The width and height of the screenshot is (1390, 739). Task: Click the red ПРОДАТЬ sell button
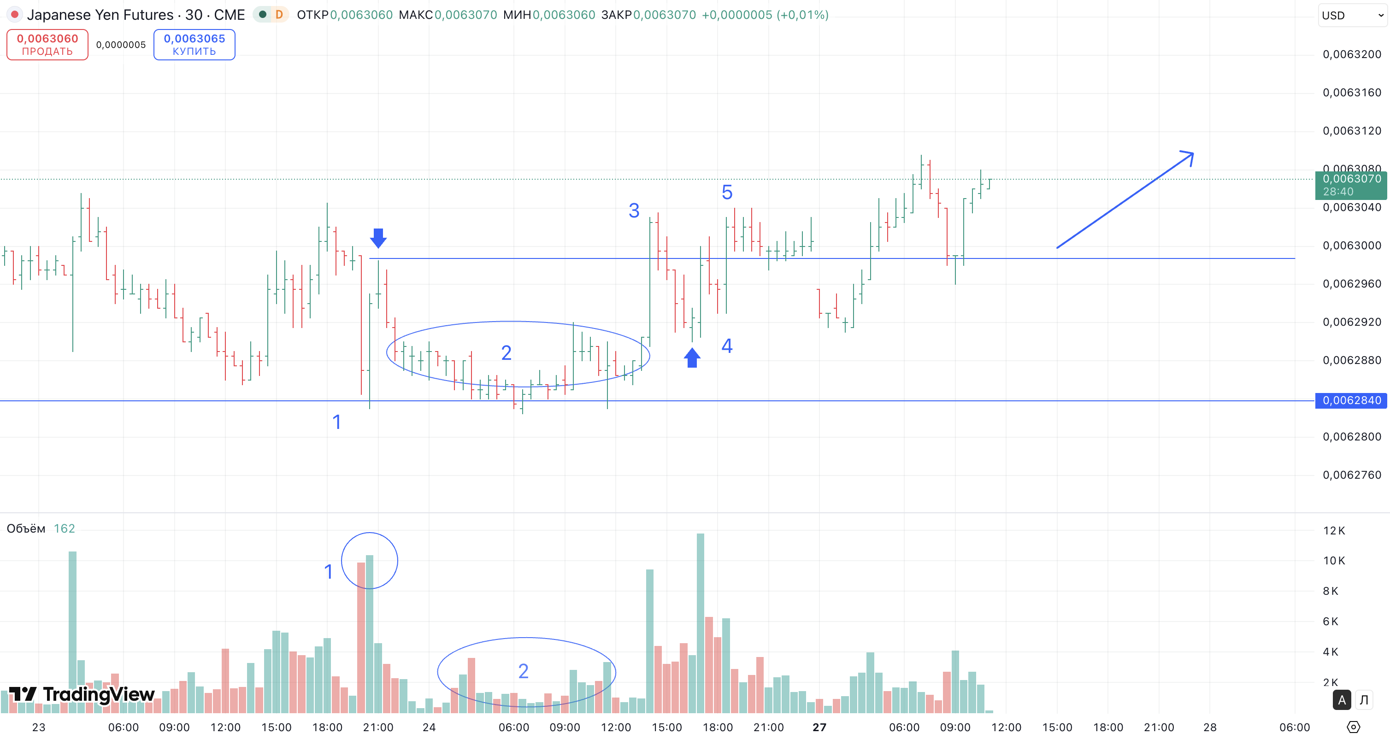tap(47, 45)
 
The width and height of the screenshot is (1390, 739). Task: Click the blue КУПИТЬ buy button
tap(194, 45)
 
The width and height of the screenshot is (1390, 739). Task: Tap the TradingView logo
tap(82, 694)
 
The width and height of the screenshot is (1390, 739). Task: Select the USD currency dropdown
tap(1352, 15)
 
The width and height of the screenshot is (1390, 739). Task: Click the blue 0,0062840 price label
tap(1351, 400)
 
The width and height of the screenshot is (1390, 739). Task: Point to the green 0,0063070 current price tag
tap(1351, 184)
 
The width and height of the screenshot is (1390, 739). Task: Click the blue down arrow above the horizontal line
tap(378, 237)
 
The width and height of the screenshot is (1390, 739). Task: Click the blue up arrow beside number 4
tap(692, 358)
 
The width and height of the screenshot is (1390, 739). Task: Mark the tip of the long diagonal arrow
tap(1192, 154)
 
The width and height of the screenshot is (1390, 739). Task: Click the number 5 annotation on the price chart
tap(727, 193)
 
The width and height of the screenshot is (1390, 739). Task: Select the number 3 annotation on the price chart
tap(634, 211)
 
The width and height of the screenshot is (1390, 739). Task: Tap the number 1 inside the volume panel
tap(328, 571)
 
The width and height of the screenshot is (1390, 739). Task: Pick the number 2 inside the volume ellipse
tap(523, 671)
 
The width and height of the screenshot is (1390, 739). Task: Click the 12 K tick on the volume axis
tap(1334, 531)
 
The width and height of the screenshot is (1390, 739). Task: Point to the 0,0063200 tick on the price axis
tap(1352, 54)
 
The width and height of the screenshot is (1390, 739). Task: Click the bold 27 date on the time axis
tap(819, 727)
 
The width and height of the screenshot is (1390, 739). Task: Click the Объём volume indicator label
tap(26, 528)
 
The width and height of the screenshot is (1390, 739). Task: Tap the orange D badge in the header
tap(279, 15)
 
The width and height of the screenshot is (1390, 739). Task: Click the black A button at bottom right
tap(1342, 700)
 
